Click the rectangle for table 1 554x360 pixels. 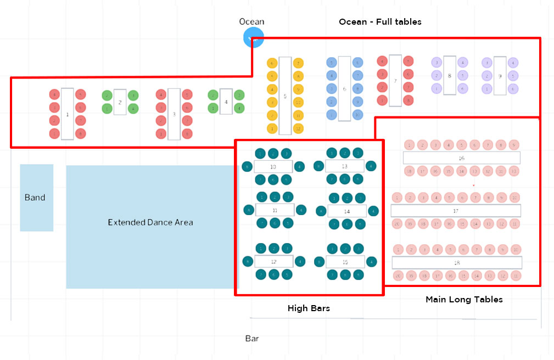(67, 114)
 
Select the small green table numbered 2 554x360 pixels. (120, 102)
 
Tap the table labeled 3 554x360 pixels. (174, 114)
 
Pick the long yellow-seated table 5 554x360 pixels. (285, 96)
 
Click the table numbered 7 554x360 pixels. (395, 80)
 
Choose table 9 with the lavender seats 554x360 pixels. (500, 76)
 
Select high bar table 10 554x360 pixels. (273, 166)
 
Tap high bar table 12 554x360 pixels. (273, 262)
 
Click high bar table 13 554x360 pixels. (344, 166)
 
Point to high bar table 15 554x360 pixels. (345, 262)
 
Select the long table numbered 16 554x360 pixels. (461, 158)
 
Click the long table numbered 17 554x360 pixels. (456, 211)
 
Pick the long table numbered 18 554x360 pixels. (456, 262)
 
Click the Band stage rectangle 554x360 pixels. (36, 198)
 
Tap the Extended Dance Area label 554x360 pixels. (150, 222)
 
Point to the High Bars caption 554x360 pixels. (309, 308)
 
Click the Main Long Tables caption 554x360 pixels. (464, 300)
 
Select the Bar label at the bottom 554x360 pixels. (252, 339)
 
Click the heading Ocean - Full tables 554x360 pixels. (380, 22)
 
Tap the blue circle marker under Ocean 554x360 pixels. (253, 38)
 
